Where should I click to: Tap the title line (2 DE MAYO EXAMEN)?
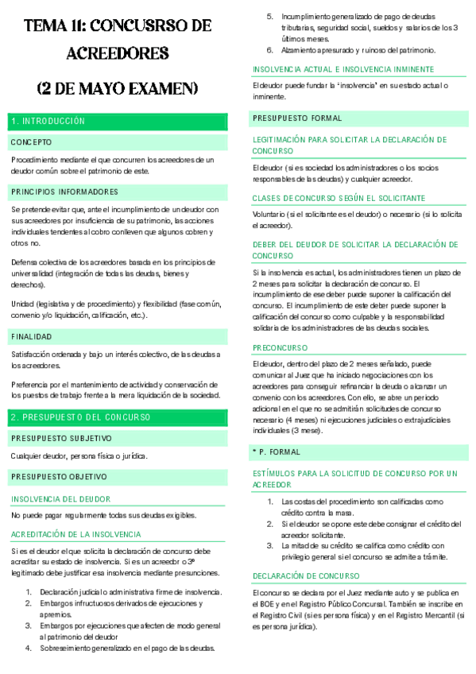pos(118,87)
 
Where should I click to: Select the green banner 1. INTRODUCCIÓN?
pos(48,121)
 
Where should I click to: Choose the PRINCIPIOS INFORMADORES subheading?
pos(64,192)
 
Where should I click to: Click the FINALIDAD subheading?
pos(32,336)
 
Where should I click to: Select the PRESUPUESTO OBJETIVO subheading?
pos(59,477)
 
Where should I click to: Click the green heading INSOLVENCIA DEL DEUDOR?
pos(60,498)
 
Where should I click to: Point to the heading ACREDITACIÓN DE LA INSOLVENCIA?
pos(76,534)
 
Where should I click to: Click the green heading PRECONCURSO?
pos(280,347)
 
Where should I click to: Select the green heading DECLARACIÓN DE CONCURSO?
pos(306,575)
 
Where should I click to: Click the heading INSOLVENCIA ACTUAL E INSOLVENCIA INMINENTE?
pos(343,69)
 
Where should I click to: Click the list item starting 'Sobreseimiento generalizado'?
pos(122,648)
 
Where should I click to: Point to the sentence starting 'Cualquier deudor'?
pos(79,456)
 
